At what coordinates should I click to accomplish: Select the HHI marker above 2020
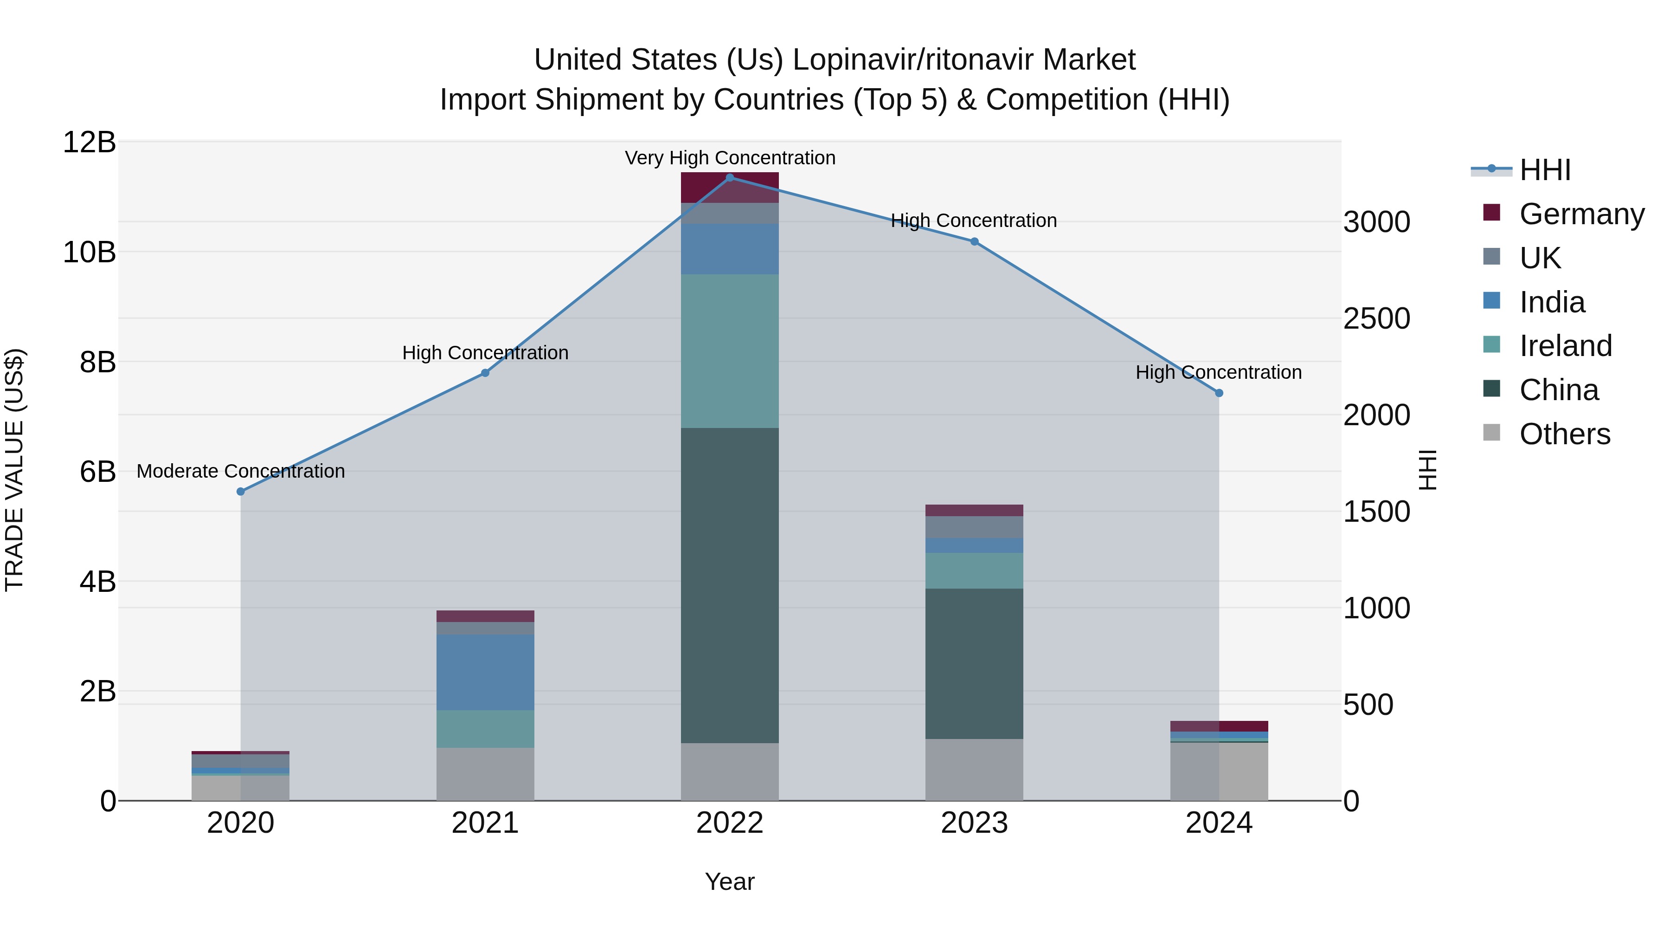point(240,492)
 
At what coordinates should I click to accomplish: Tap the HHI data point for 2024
point(1219,393)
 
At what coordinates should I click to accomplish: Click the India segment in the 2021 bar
point(485,672)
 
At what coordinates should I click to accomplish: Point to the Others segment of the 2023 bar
point(974,769)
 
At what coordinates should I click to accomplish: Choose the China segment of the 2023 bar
point(974,663)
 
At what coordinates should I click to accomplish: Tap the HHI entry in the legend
point(1545,170)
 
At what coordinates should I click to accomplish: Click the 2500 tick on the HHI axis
point(1376,318)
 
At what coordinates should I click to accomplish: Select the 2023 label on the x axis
point(974,823)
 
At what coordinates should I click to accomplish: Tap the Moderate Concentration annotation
point(240,471)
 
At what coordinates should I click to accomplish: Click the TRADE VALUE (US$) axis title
point(14,470)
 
